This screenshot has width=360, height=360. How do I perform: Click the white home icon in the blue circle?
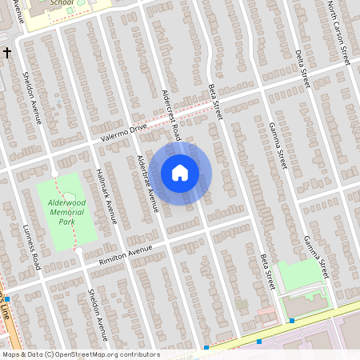[180, 173]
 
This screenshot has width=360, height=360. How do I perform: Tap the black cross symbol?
[7, 53]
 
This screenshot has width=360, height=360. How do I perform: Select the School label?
[62, 3]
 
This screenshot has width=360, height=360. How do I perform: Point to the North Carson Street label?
[339, 33]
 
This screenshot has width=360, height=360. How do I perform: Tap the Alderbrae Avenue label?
[147, 183]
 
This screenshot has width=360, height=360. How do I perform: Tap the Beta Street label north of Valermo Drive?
[213, 100]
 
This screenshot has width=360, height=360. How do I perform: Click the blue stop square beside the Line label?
[7, 299]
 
